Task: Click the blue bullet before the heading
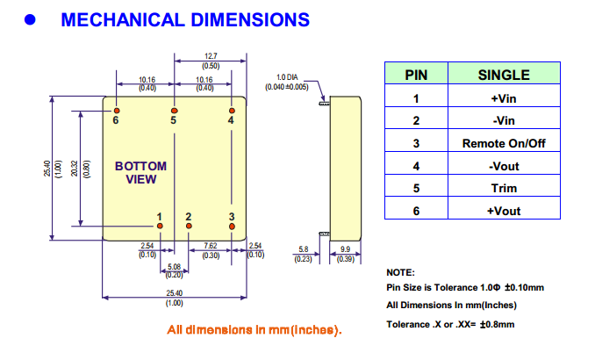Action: (29, 19)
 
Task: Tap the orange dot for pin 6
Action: (116, 109)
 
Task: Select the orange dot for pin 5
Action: (174, 109)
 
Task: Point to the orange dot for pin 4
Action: (232, 109)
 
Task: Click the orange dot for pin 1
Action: (159, 227)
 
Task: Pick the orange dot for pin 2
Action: (188, 227)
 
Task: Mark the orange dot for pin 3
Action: (232, 227)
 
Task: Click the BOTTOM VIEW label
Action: (140, 173)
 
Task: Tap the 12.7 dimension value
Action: (211, 57)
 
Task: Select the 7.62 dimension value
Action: (211, 246)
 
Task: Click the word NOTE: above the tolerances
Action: (400, 273)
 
